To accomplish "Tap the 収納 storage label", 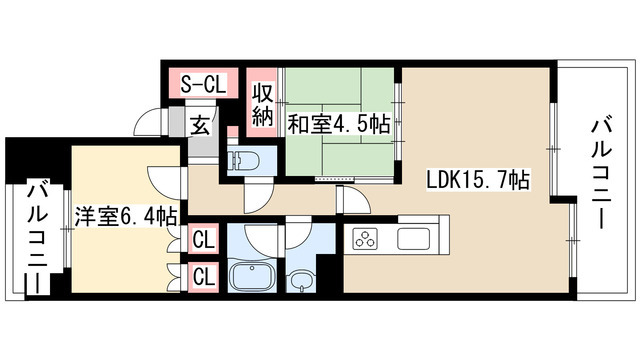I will (263, 104).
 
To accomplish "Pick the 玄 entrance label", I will (200, 125).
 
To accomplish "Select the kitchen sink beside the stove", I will (414, 240).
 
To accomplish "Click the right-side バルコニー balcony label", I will (601, 172).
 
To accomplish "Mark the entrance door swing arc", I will (150, 124).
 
